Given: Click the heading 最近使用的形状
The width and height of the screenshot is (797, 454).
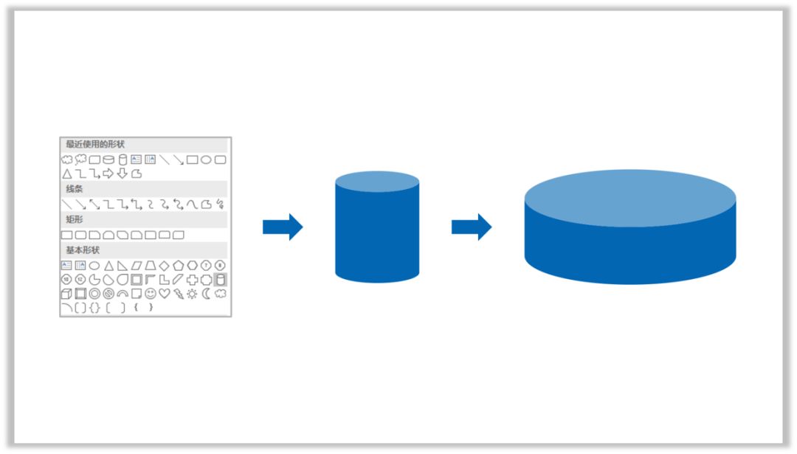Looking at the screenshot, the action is tap(95, 145).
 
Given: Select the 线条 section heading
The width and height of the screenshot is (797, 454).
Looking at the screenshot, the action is tap(75, 189).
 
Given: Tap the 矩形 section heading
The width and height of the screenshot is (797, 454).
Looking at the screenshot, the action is tap(75, 220).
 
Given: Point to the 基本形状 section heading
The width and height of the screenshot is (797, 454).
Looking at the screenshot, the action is tap(83, 250).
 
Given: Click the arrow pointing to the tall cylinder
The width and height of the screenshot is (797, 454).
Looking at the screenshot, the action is tap(283, 227).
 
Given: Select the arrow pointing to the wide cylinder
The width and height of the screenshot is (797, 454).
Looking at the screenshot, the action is tap(472, 227).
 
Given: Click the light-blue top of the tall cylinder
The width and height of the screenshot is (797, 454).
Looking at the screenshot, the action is tap(377, 182).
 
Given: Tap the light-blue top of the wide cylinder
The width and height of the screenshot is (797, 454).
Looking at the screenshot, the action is tap(630, 198).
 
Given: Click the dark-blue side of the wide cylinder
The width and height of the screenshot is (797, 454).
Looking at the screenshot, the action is tap(630, 254).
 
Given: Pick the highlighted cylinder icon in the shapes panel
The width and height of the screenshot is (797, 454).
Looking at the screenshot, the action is tap(220, 280).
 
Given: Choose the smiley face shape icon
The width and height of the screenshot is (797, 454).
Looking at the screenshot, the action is tap(151, 294).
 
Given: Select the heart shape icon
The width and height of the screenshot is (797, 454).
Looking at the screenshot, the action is tap(164, 294).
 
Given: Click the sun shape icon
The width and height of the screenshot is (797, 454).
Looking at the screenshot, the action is tap(192, 294).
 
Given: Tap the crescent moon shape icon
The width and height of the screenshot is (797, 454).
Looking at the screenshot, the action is tap(205, 294).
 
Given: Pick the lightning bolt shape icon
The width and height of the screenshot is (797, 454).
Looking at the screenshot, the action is tap(179, 294).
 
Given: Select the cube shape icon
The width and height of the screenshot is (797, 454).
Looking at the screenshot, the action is tap(66, 294).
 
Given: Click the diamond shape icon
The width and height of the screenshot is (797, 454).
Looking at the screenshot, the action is tap(164, 265).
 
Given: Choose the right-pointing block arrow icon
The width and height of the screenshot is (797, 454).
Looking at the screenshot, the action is tap(108, 174).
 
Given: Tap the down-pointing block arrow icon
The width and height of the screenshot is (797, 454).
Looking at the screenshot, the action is tap(123, 174).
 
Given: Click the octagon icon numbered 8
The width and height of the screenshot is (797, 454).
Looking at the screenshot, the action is tap(220, 265).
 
